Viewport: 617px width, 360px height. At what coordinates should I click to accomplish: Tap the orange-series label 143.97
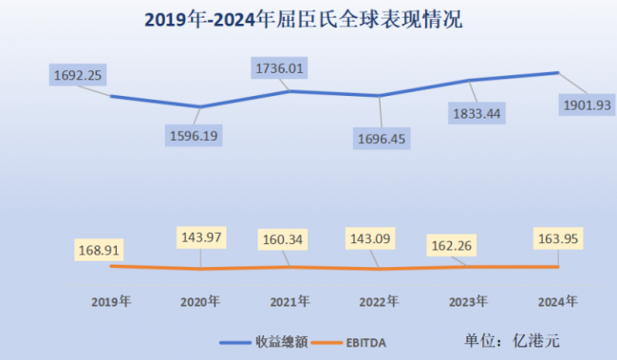tap(198, 237)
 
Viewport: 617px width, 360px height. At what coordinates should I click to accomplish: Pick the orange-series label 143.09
tap(377, 237)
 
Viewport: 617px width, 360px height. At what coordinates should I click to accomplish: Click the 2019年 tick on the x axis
tap(111, 301)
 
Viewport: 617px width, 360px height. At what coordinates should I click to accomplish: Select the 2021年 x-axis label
tap(290, 301)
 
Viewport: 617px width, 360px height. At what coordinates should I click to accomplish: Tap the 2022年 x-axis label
tap(379, 301)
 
